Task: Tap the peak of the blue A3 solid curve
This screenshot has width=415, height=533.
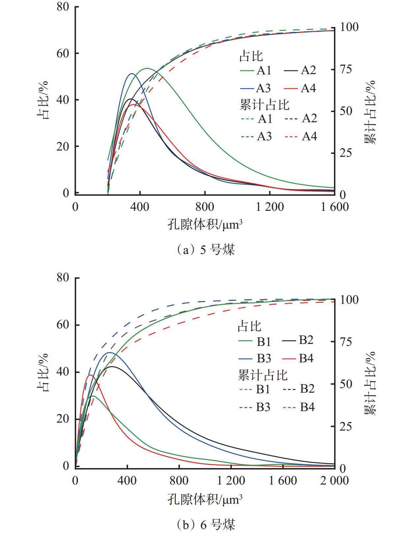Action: click(x=131, y=74)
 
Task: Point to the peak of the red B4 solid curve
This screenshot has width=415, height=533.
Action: click(x=90, y=375)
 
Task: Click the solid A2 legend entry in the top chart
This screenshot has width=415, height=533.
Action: click(x=300, y=70)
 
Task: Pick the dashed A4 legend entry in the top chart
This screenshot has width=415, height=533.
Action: click(x=300, y=136)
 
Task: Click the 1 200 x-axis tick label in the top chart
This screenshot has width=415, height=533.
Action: click(x=270, y=207)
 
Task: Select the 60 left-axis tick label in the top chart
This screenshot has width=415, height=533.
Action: click(x=63, y=53)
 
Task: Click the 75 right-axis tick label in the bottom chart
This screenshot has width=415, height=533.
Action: click(x=345, y=342)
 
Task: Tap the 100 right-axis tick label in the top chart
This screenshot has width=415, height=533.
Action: click(x=349, y=27)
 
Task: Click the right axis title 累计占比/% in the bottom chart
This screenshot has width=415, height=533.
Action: click(x=370, y=384)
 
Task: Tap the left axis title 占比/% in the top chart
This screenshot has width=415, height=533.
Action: click(x=43, y=100)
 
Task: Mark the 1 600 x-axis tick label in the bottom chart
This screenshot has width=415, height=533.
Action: click(x=283, y=481)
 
